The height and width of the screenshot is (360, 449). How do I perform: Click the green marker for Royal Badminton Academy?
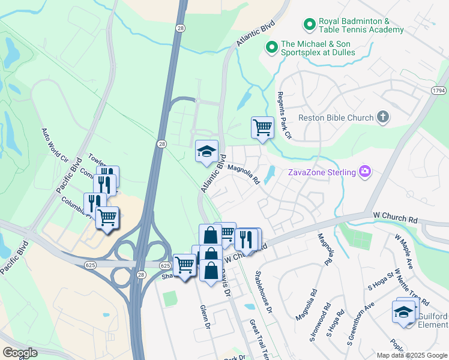click(310, 25)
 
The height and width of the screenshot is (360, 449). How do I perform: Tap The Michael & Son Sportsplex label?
click(318, 48)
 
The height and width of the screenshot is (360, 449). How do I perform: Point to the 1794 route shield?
click(438, 90)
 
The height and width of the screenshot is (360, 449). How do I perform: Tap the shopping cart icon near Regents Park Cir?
click(262, 127)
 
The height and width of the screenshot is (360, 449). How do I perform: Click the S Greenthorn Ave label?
click(360, 323)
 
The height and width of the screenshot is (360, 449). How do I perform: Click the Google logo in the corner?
click(19, 353)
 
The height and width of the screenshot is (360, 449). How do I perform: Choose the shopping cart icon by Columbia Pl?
click(107, 217)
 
